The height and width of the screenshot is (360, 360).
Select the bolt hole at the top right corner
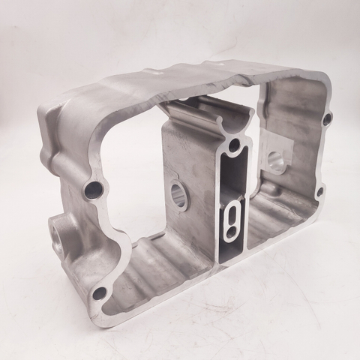[x=328, y=119]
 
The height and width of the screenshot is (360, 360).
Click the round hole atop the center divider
[x=235, y=144]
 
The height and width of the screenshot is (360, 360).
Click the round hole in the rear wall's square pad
[x=277, y=159]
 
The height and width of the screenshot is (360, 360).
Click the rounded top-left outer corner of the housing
[x=45, y=112]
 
